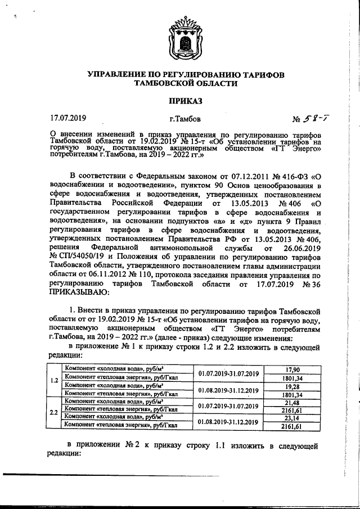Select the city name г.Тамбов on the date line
pos(184,119)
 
